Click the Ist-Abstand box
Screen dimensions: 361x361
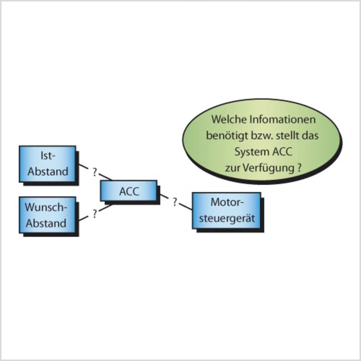point(47,164)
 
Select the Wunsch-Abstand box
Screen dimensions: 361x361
point(47,215)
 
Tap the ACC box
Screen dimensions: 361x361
point(129,191)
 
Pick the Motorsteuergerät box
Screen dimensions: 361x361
point(226,210)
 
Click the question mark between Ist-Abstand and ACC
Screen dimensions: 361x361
point(94,172)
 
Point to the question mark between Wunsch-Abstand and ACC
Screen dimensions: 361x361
point(95,214)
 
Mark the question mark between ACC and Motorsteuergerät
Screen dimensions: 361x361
point(175,202)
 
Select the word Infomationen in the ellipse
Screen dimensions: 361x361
point(283,119)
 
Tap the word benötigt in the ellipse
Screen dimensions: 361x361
point(225,136)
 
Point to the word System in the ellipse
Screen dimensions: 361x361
point(252,152)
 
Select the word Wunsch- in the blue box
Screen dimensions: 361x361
point(46,207)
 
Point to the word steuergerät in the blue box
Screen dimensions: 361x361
point(227,218)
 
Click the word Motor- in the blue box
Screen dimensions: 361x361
point(227,202)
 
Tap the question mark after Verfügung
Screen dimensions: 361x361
point(299,168)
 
